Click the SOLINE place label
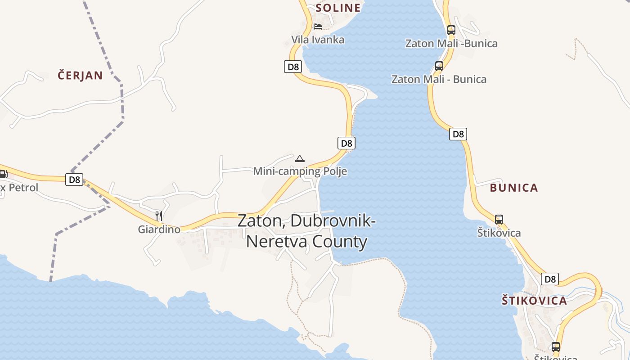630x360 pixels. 338,8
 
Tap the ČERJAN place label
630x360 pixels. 80,75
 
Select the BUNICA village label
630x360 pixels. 514,188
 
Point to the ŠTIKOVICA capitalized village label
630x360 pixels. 534,301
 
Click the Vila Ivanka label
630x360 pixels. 318,40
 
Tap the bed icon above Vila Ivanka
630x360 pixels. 318,26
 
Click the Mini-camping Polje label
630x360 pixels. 300,171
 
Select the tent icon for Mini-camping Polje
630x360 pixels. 300,158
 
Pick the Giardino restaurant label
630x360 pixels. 159,229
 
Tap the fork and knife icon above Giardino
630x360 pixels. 158,216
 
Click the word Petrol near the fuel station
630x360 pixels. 23,187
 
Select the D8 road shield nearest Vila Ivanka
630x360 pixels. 293,67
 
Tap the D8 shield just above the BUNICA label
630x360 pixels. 458,134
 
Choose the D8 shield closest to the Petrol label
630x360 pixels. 74,180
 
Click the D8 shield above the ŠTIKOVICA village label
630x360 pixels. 550,279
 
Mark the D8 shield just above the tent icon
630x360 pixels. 346,143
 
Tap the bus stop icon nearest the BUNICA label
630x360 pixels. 499,220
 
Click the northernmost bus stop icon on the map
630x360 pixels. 451,30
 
